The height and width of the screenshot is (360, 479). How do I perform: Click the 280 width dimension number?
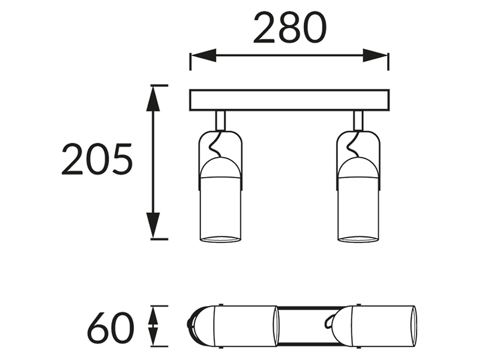point(290,28)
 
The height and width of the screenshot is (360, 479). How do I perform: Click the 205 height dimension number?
point(97,160)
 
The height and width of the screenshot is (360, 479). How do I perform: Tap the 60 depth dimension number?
point(110,328)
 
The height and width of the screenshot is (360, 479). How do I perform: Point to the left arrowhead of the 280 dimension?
point(203,56)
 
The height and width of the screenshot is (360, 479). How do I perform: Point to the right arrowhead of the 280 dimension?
point(375,56)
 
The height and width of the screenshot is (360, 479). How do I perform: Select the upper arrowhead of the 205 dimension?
point(153,98)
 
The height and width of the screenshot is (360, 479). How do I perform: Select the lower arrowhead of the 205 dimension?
point(153,226)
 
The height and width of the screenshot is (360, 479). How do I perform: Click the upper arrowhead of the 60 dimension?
point(153,316)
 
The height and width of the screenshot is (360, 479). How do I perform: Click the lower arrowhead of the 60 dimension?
point(153,337)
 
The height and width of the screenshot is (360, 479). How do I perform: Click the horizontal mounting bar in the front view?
point(289,100)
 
